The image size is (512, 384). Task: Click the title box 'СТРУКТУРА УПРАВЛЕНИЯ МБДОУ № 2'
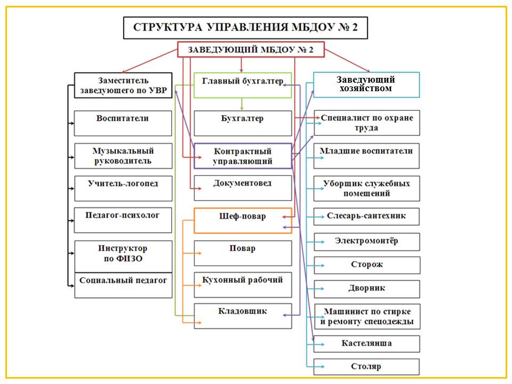pyautogui.click(x=245, y=27)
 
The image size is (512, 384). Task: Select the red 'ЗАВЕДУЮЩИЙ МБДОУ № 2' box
pyautogui.click(x=251, y=50)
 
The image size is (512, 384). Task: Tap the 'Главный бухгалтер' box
pyautogui.click(x=243, y=85)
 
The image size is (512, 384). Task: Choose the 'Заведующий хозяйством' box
pyautogui.click(x=366, y=85)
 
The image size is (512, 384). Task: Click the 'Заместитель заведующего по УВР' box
pyautogui.click(x=123, y=85)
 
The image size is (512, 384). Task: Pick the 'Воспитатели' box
pyautogui.click(x=123, y=123)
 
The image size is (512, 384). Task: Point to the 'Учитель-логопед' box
pyautogui.click(x=123, y=188)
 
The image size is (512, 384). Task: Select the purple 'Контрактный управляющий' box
pyautogui.click(x=243, y=156)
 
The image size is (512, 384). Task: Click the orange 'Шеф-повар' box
pyautogui.click(x=243, y=220)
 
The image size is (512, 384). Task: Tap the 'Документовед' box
pyautogui.click(x=243, y=188)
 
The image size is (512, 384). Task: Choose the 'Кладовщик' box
pyautogui.click(x=243, y=316)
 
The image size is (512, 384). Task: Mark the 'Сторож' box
pyautogui.click(x=367, y=265)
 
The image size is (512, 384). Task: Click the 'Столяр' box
pyautogui.click(x=366, y=367)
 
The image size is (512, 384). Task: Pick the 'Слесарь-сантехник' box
pyautogui.click(x=366, y=217)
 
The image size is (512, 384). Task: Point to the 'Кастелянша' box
pyautogui.click(x=366, y=343)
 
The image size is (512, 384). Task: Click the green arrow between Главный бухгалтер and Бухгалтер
pyautogui.click(x=242, y=104)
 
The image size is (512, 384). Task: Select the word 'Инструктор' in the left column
pyautogui.click(x=123, y=249)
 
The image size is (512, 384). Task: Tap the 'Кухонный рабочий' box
pyautogui.click(x=243, y=285)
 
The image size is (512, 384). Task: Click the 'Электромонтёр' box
pyautogui.click(x=367, y=242)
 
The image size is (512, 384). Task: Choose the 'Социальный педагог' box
pyautogui.click(x=123, y=285)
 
